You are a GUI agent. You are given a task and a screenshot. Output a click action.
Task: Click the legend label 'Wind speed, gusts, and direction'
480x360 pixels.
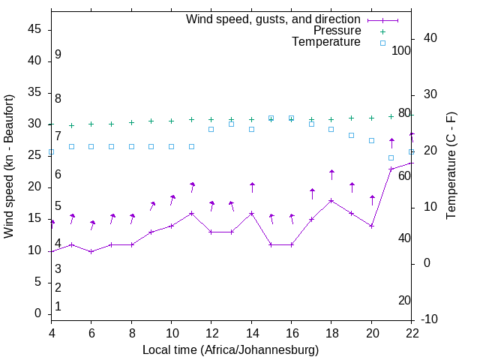[x=274, y=19]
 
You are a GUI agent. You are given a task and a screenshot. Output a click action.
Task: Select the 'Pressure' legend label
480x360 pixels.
[x=337, y=31]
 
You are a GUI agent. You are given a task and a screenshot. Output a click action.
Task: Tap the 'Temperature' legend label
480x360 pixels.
[x=326, y=42]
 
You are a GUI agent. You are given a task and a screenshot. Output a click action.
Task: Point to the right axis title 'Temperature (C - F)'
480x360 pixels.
[x=451, y=166]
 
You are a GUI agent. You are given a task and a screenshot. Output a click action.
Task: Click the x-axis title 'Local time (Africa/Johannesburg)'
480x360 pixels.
[x=230, y=350]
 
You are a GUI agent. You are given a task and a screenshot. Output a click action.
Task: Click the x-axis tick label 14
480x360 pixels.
[x=251, y=331]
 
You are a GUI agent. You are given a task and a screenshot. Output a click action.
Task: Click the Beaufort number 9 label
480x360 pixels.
[x=58, y=55]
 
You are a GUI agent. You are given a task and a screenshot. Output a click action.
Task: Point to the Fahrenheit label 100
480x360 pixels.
[x=401, y=50]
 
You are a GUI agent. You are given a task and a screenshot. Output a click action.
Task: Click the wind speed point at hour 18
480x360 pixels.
[x=331, y=200]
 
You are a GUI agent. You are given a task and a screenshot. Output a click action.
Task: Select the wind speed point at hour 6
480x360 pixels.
[x=91, y=251]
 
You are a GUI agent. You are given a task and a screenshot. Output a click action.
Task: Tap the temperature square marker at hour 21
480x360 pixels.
[x=391, y=157]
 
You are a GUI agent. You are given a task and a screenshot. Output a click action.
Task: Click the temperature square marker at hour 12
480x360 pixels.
[x=211, y=129]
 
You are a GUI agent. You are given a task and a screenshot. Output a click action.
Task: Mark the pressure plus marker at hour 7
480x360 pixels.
[x=112, y=124]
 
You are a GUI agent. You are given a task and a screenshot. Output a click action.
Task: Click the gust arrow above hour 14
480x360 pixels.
[x=252, y=187]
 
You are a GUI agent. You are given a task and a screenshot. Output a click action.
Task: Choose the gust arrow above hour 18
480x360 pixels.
[x=331, y=175]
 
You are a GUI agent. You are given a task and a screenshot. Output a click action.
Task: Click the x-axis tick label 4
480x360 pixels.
[x=52, y=331]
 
